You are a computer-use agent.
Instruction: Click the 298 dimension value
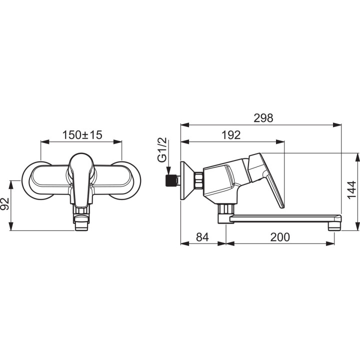(x=263, y=118)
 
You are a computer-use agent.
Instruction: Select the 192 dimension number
(x=231, y=135)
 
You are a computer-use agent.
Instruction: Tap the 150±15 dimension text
(x=82, y=135)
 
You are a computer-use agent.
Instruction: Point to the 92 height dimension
(x=5, y=203)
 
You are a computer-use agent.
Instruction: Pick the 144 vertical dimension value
(x=351, y=190)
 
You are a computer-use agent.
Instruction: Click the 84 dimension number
(x=202, y=237)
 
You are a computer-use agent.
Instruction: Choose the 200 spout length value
(x=280, y=237)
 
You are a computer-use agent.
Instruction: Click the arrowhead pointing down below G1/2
(x=169, y=171)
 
